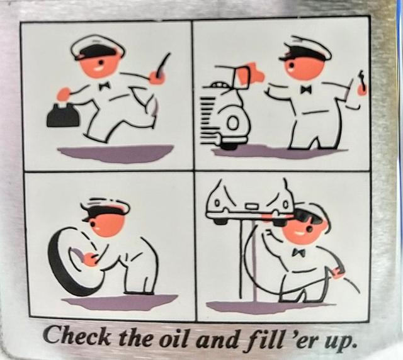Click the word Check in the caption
(77, 336)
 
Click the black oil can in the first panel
(62, 115)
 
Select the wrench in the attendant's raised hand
(361, 82)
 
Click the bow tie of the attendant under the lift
(298, 252)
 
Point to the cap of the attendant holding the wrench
(306, 50)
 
